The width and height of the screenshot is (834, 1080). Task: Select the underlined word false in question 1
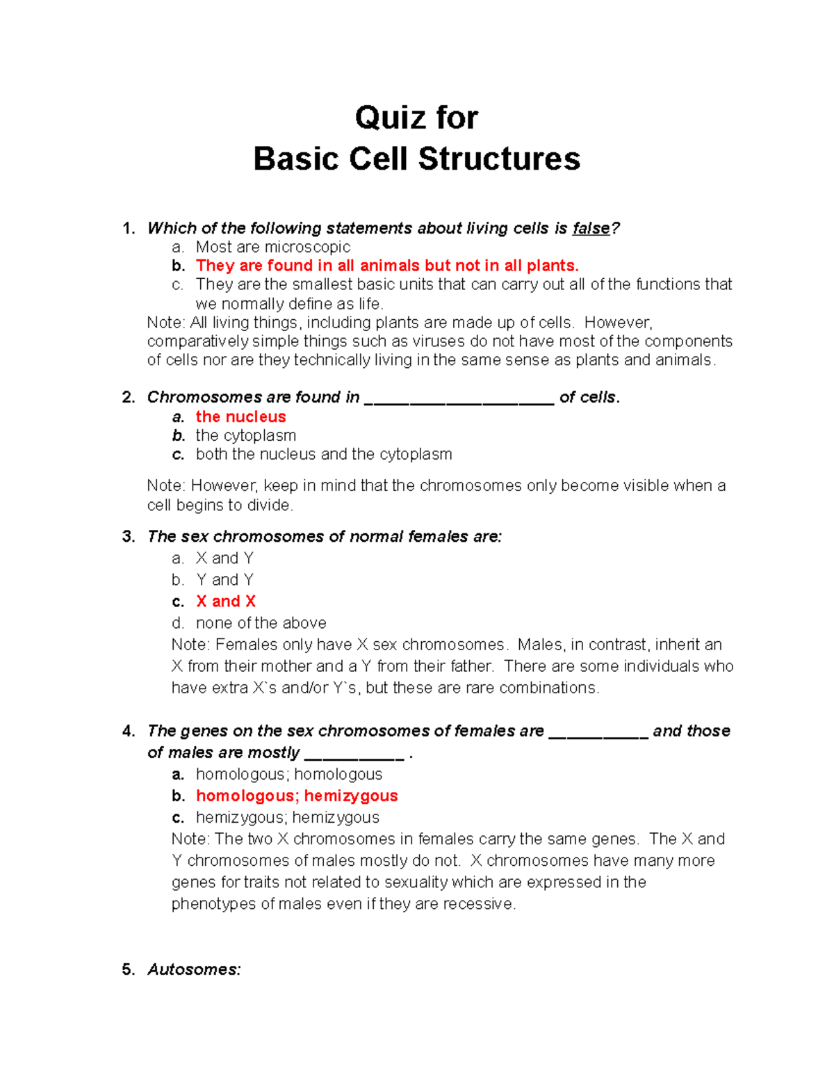pos(590,228)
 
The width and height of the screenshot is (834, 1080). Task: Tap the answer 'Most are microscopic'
pos(272,247)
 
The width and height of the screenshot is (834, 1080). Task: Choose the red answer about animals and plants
pos(386,266)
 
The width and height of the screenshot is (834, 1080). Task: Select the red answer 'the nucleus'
pos(240,417)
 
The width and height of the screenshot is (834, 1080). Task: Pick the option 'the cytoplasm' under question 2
pos(245,435)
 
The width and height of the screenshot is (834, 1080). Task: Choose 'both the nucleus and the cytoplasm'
pos(323,454)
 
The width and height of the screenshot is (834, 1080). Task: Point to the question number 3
pos(128,537)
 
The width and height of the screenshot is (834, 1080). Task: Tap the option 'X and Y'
pos(224,558)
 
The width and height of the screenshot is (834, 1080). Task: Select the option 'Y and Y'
pos(224,580)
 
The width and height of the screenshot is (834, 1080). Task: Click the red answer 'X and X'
pos(225,602)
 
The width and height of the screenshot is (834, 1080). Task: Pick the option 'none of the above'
pos(261,623)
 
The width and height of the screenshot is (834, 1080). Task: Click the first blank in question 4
pos(598,732)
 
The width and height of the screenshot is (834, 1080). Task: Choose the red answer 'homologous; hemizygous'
pos(296,796)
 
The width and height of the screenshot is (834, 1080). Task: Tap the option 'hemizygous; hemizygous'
pos(287,817)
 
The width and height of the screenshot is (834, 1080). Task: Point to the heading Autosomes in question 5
pos(194,969)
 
